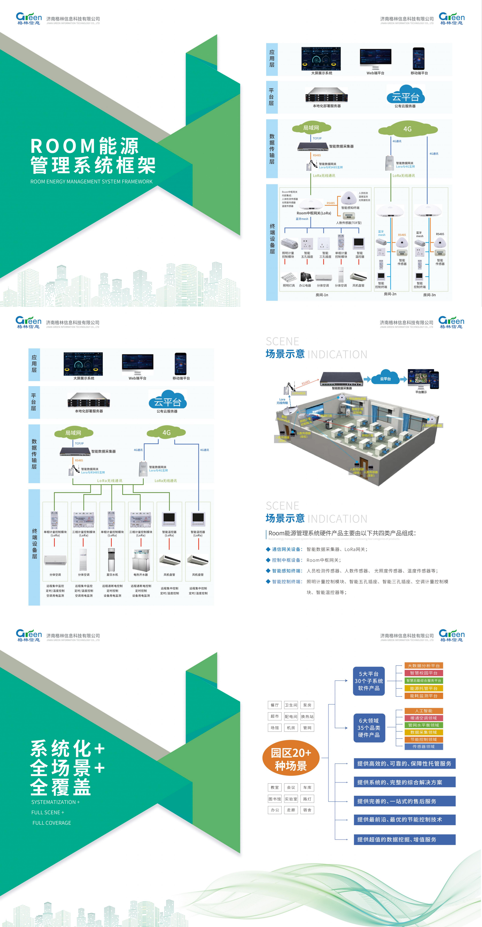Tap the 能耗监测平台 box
(x=423, y=696)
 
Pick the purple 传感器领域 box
(x=423, y=747)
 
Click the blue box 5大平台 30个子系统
(x=369, y=681)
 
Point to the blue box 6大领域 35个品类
(x=369, y=728)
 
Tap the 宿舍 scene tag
(x=307, y=810)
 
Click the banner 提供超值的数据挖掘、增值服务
(x=404, y=839)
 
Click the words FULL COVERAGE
(x=52, y=823)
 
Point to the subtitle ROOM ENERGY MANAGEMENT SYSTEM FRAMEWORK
(x=91, y=182)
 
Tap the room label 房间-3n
(x=429, y=295)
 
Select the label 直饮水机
(x=112, y=575)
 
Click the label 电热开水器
(x=141, y=575)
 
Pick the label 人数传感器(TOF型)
(x=349, y=223)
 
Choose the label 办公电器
(x=305, y=285)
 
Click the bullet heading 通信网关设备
(x=286, y=549)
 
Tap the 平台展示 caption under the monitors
(x=421, y=392)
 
